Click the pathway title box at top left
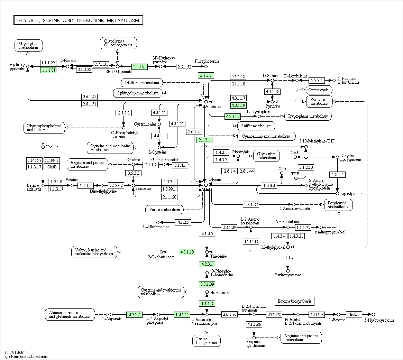(78, 20)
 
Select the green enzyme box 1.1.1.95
(139, 66)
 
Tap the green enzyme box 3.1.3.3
(206, 75)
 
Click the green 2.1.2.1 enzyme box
(204, 140)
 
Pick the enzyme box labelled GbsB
(52, 167)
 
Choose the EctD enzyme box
(354, 314)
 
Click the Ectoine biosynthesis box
(294, 301)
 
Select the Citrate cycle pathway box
(318, 90)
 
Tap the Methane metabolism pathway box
(142, 83)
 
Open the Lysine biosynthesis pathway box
(207, 341)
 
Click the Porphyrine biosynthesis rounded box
(338, 205)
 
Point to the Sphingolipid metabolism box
(138, 93)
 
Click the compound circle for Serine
(206, 102)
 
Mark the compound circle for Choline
(43, 147)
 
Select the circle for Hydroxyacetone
(288, 271)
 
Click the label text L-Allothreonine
(156, 227)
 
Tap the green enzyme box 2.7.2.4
(135, 314)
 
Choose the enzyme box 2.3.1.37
(251, 204)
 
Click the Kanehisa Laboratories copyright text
(26, 357)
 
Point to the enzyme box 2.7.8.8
(123, 113)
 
